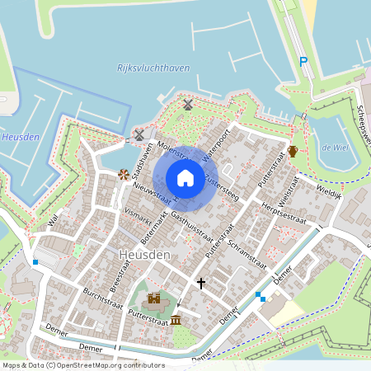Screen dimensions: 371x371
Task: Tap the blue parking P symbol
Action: pos(303,61)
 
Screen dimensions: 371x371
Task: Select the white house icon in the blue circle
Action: pos(185,177)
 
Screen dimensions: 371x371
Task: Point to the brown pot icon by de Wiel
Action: pos(293,152)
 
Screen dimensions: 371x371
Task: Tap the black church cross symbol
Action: pos(200,283)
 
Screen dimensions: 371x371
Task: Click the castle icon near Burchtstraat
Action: pos(154,298)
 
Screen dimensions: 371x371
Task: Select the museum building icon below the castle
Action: pos(176,318)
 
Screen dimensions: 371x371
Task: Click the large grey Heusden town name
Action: pos(143,255)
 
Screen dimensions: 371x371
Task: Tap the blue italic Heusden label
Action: pos(21,137)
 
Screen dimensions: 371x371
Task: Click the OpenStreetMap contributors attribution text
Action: pos(82,364)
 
